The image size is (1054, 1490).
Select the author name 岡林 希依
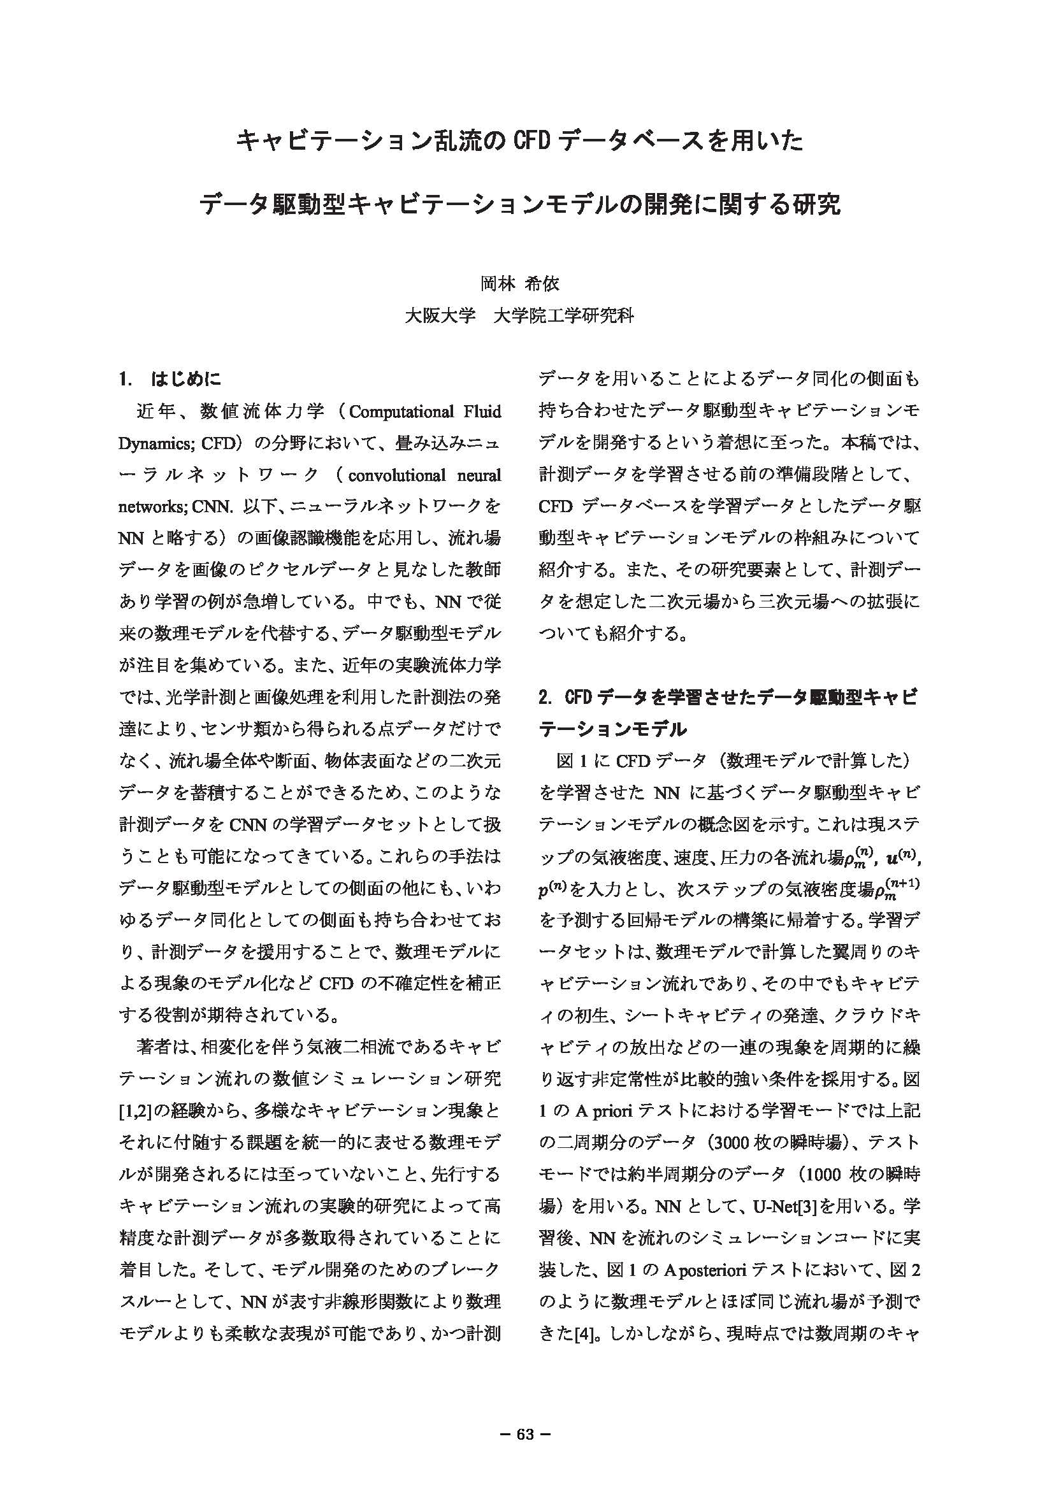[520, 283]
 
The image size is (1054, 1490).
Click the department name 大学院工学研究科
[563, 317]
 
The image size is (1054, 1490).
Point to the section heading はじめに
[185, 379]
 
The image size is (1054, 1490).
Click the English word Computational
[401, 412]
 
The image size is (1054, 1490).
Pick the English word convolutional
[396, 476]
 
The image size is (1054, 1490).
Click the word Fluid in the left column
[482, 412]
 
